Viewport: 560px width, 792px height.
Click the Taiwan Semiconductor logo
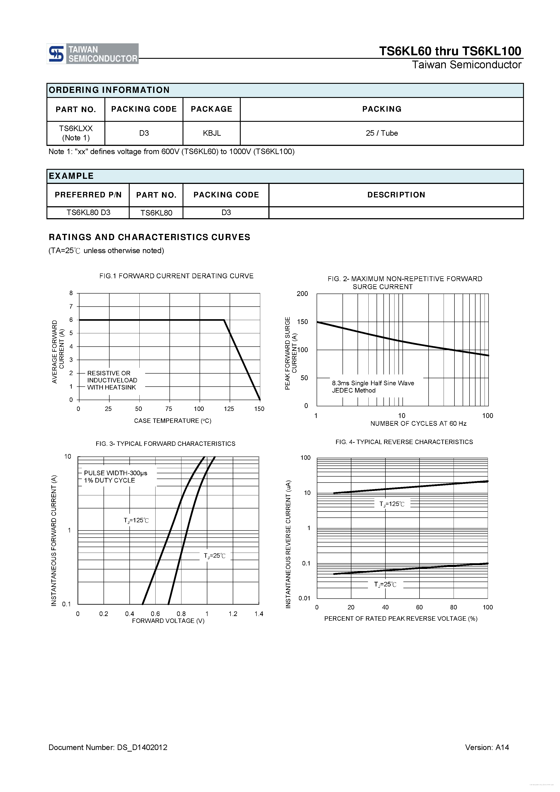click(x=92, y=54)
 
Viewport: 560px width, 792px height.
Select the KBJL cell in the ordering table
click(x=212, y=133)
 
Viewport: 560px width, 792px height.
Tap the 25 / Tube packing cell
click(x=381, y=133)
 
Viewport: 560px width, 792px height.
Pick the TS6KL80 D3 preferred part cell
click(x=88, y=212)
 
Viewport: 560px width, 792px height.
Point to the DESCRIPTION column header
click(x=396, y=195)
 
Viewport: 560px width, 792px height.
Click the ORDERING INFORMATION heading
click(x=109, y=90)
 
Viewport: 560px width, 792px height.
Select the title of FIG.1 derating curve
click(x=176, y=276)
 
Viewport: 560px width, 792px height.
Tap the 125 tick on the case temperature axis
click(x=229, y=409)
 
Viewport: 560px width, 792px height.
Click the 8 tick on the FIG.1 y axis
click(x=71, y=293)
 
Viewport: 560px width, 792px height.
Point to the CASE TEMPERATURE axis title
click(x=173, y=421)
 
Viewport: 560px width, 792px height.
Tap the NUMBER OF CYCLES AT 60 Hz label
click(x=418, y=424)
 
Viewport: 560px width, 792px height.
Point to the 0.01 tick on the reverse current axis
click(x=304, y=598)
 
